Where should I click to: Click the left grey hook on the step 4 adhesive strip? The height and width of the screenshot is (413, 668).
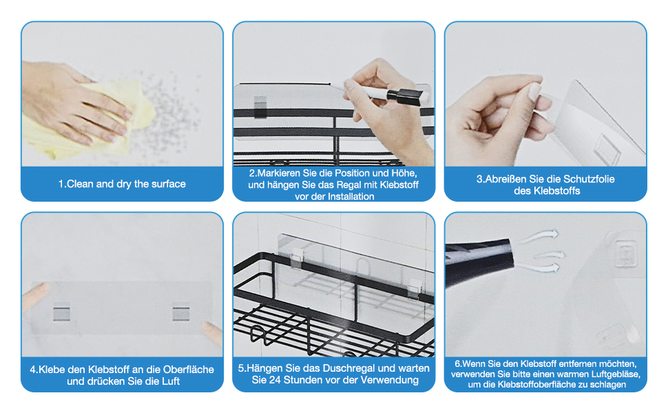[x=62, y=312]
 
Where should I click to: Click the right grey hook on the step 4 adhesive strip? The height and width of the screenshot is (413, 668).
[x=181, y=312]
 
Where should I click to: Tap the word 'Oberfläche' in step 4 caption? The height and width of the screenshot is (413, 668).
[x=188, y=370]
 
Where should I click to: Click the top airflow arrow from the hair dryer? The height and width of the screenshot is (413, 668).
[x=540, y=236]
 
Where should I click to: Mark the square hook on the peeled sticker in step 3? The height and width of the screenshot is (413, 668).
[x=607, y=149]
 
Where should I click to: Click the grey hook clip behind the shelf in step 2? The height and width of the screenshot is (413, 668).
[x=260, y=107]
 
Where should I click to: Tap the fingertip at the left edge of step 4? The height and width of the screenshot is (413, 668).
[x=36, y=296]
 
